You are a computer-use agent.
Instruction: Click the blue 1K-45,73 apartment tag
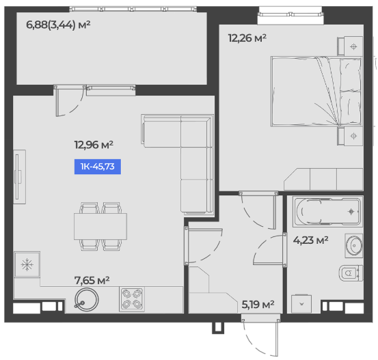click(x=98, y=167)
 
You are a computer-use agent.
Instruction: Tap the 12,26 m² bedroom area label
click(x=247, y=38)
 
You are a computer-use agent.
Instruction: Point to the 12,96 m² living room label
click(x=94, y=145)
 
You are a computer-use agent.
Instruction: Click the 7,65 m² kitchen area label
click(x=92, y=280)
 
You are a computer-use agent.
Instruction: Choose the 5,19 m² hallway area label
click(x=258, y=305)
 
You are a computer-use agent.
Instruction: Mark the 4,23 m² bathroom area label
click(x=310, y=240)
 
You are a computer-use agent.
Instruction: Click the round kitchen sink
click(x=86, y=300)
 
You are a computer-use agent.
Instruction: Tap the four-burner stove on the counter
click(x=132, y=299)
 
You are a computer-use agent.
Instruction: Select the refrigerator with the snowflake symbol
click(x=27, y=264)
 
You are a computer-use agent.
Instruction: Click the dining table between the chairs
click(x=100, y=226)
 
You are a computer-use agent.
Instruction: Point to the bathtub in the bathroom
click(x=327, y=212)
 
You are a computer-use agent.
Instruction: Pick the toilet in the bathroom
click(x=351, y=273)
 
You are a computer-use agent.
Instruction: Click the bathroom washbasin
click(x=354, y=245)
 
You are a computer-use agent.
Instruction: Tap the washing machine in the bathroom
click(x=301, y=303)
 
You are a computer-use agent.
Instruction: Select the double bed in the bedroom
click(x=316, y=92)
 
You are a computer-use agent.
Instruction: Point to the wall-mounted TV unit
click(x=19, y=177)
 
